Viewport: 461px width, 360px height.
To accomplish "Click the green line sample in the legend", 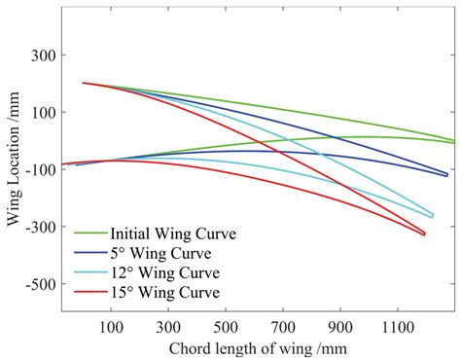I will click(x=91, y=234).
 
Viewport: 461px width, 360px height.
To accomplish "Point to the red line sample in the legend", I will click(x=91, y=292).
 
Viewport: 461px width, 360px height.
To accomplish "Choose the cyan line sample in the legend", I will click(x=91, y=272).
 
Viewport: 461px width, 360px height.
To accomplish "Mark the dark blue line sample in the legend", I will click(x=91, y=253).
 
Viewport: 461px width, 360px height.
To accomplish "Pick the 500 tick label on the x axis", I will click(x=227, y=329).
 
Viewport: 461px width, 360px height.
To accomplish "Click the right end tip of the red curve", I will click(x=425, y=234).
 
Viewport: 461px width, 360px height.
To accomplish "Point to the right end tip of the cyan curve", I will click(x=433, y=216).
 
